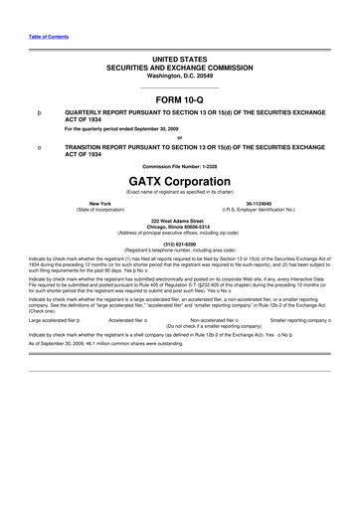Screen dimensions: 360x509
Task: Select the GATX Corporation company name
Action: [x=180, y=183]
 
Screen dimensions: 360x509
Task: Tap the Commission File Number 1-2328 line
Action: [x=180, y=165]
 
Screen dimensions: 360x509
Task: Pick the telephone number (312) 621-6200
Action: [x=180, y=243]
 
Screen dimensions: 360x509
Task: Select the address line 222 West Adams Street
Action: [x=180, y=219]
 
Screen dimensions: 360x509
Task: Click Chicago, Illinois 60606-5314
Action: [x=180, y=225]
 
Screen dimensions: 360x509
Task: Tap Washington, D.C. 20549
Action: [x=180, y=76]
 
